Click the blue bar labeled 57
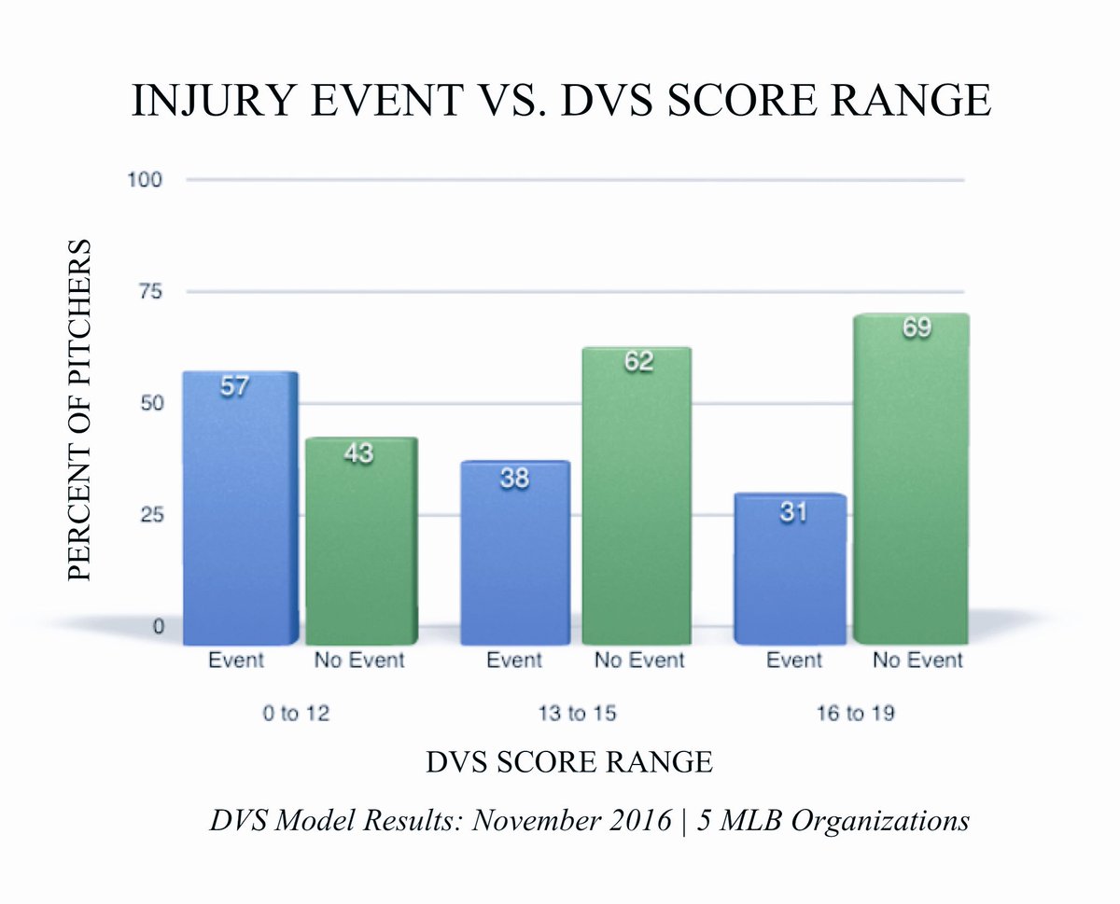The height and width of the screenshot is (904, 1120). click(239, 508)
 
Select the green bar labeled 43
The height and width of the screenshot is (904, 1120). click(360, 541)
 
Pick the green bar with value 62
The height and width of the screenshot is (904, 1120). click(637, 494)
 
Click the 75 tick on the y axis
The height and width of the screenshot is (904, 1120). click(151, 291)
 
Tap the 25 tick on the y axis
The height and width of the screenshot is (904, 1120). click(151, 515)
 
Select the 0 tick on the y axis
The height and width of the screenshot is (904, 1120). click(158, 627)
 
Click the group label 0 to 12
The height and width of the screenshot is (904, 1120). click(294, 714)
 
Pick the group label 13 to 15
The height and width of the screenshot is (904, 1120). click(575, 714)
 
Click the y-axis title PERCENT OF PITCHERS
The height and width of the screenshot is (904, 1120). click(81, 410)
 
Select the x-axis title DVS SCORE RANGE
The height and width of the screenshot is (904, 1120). click(569, 762)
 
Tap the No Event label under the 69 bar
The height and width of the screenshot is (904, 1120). click(917, 661)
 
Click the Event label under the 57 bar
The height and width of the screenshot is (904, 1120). click(235, 661)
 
